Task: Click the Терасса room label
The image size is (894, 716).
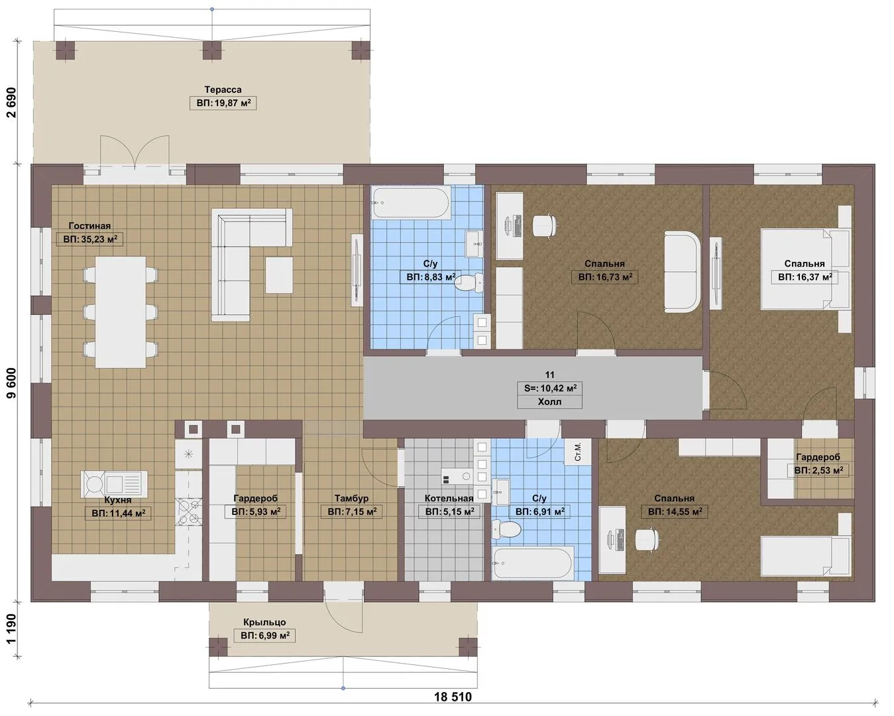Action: coord(223,89)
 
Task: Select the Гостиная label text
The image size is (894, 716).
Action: coord(89,225)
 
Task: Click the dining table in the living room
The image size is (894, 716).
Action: coord(121,312)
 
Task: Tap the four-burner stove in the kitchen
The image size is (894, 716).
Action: coord(189,512)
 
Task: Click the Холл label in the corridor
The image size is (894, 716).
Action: coord(549,402)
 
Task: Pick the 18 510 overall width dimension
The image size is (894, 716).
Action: coord(453,697)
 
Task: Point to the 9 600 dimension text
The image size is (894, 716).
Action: coord(12,383)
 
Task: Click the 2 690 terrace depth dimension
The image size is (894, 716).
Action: coord(12,102)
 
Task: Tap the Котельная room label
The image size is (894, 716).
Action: coord(449,499)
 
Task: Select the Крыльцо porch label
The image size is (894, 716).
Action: coord(264,622)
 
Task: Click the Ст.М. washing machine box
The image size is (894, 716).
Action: coord(579,451)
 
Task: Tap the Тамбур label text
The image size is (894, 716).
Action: coord(351,499)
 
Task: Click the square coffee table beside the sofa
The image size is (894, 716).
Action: coord(279,275)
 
